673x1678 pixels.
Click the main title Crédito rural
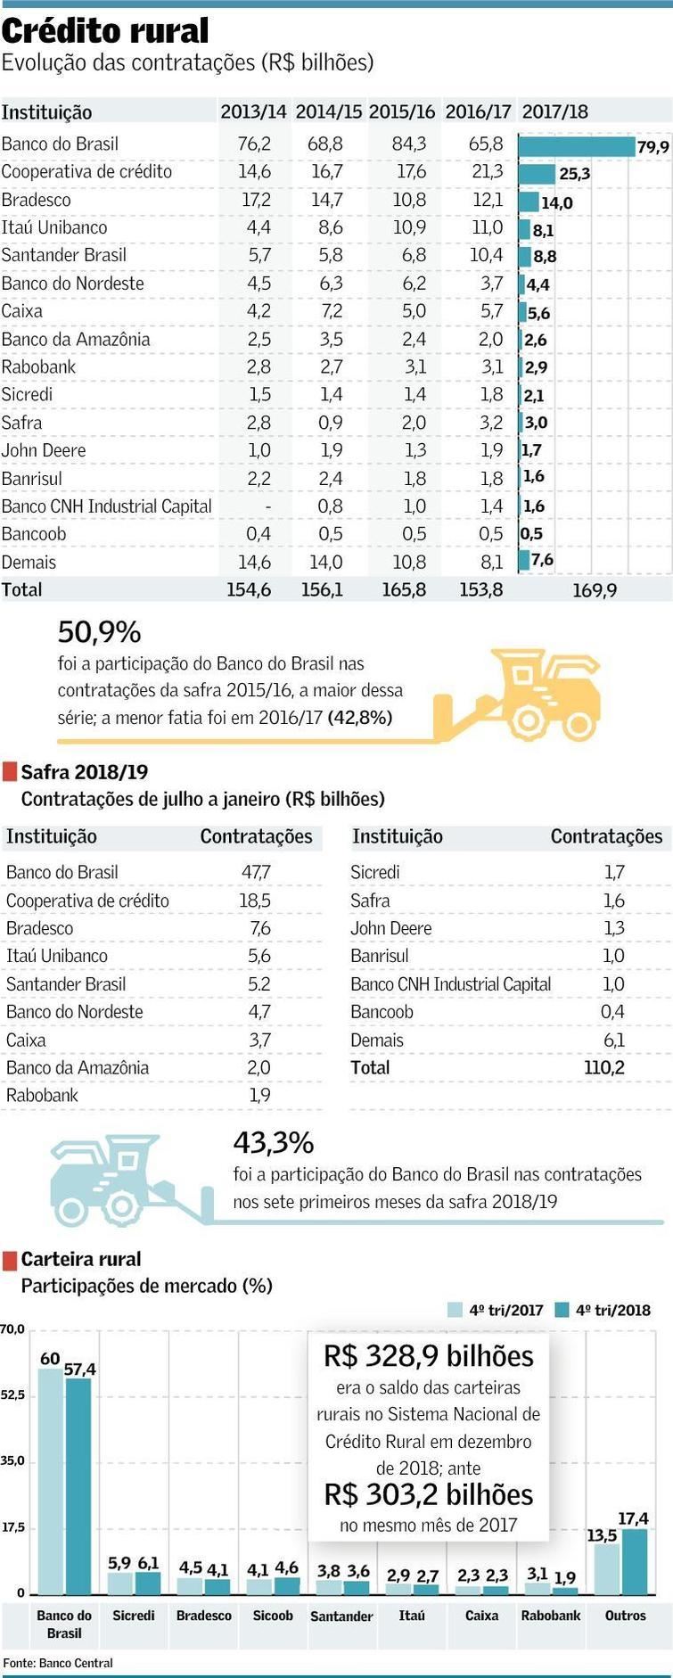(105, 31)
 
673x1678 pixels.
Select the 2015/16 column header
(401, 112)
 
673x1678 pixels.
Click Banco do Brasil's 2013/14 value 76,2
(254, 144)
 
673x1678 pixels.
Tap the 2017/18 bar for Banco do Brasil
(575, 146)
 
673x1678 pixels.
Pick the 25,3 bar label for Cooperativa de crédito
(574, 174)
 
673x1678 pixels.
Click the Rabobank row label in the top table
(38, 367)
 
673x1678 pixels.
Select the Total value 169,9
(594, 590)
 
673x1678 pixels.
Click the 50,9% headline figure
(99, 632)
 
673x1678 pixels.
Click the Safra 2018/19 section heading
(84, 772)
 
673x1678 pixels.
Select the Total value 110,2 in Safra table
(603, 1067)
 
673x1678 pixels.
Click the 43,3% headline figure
(273, 1142)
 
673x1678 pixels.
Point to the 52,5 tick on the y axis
(12, 1394)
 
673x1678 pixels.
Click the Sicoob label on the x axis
(273, 1616)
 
